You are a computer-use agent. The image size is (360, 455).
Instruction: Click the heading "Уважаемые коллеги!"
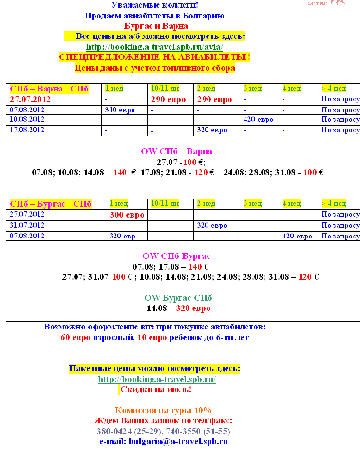point(154,5)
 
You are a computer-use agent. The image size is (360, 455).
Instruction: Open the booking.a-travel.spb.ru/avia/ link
point(154,47)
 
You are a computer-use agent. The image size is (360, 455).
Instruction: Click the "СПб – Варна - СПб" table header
point(49,89)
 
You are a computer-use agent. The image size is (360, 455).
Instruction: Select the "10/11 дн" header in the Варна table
point(165,89)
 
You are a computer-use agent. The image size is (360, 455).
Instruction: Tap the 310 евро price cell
point(120,110)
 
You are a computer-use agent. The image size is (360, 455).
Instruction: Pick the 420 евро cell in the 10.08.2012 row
point(258,120)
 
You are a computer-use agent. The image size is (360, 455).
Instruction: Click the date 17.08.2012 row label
point(27,130)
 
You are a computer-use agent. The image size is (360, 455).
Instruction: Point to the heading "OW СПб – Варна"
point(176,151)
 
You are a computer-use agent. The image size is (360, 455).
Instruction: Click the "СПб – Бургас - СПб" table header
point(51,204)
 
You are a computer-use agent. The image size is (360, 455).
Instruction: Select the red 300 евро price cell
point(127,215)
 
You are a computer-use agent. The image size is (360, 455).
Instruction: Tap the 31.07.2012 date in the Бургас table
point(27,225)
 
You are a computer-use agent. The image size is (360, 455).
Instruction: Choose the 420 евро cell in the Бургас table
point(297,237)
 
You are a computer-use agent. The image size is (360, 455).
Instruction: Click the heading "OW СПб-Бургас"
point(176,256)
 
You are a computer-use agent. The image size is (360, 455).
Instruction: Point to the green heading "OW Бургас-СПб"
point(178,298)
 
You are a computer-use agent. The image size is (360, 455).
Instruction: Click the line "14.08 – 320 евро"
point(178,308)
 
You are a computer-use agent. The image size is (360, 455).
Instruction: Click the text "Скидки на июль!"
point(156,389)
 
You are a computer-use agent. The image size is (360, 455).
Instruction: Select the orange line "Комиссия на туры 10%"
point(163,410)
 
